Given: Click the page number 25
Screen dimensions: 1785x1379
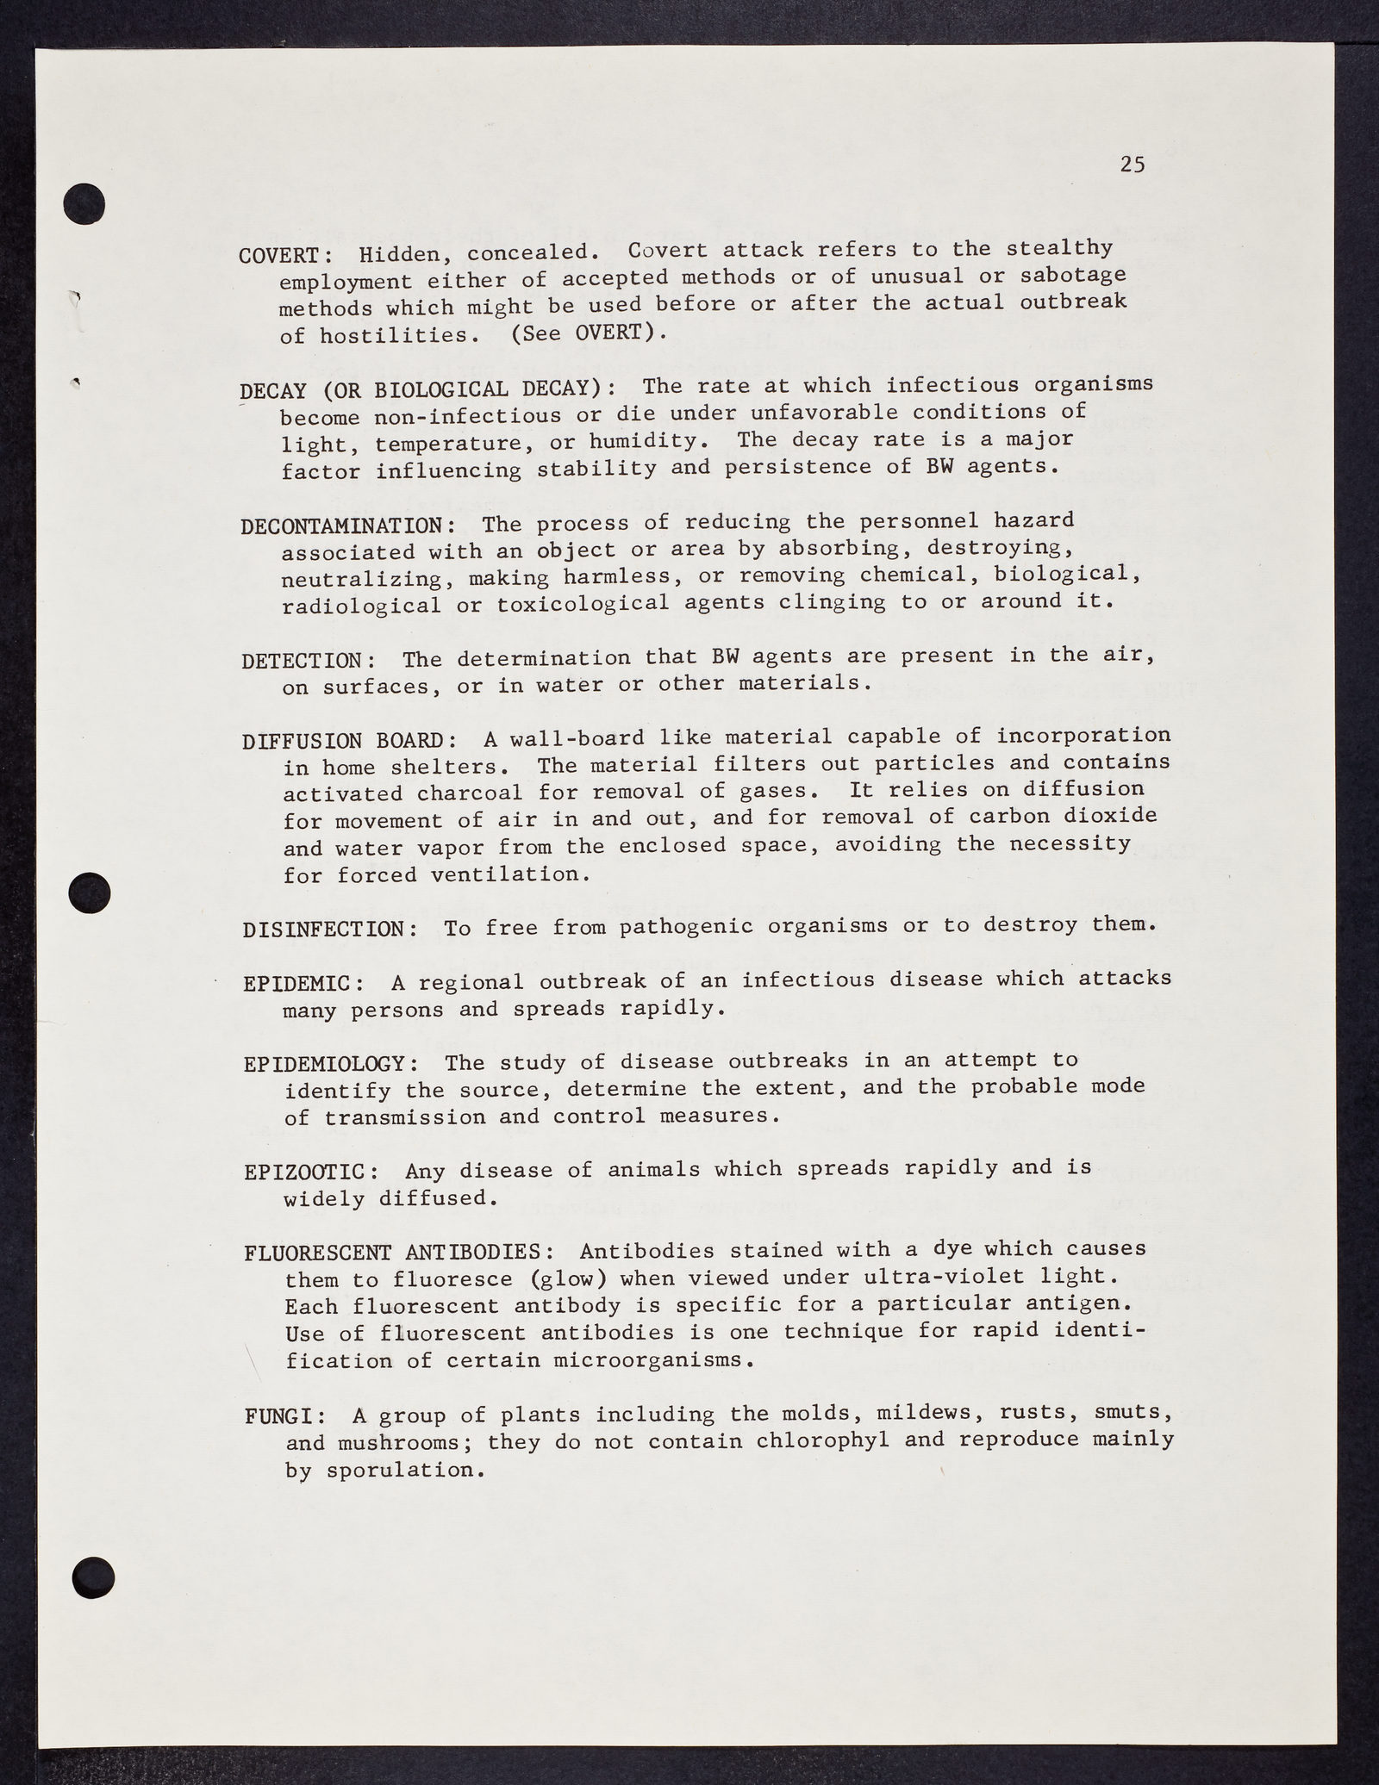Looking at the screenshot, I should pos(1133,165).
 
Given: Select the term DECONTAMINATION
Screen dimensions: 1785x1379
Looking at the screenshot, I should pos(341,526).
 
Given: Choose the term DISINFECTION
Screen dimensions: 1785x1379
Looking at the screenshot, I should pos(330,930).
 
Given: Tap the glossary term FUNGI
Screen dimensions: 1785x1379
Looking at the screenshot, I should pos(281,1415).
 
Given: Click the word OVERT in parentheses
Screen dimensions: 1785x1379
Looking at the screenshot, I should pos(609,333).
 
